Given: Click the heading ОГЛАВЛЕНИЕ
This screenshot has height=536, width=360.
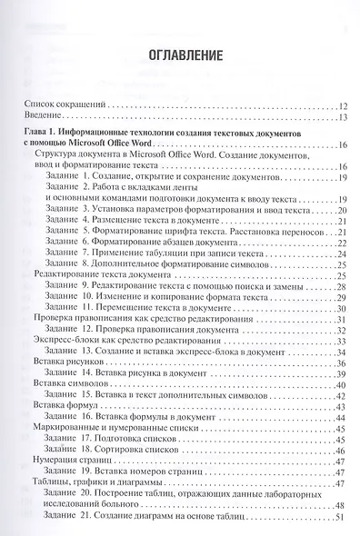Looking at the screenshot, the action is (180, 55).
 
